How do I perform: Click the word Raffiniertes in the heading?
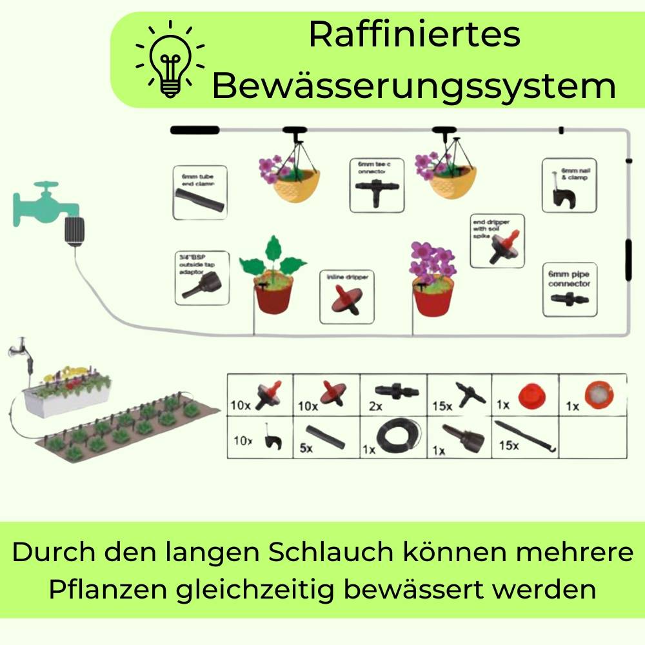pyautogui.click(x=414, y=34)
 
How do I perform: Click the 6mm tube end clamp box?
pyautogui.click(x=200, y=192)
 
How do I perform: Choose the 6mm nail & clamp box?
pyautogui.click(x=566, y=186)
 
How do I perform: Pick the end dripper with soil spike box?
pyautogui.click(x=497, y=241)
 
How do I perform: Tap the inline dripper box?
pyautogui.click(x=347, y=296)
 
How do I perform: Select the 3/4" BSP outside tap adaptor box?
pyautogui.click(x=201, y=277)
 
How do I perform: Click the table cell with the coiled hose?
pyautogui.click(x=393, y=437)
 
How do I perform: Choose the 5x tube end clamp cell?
pyautogui.click(x=326, y=437)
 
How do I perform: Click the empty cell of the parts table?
pyautogui.click(x=593, y=437)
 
